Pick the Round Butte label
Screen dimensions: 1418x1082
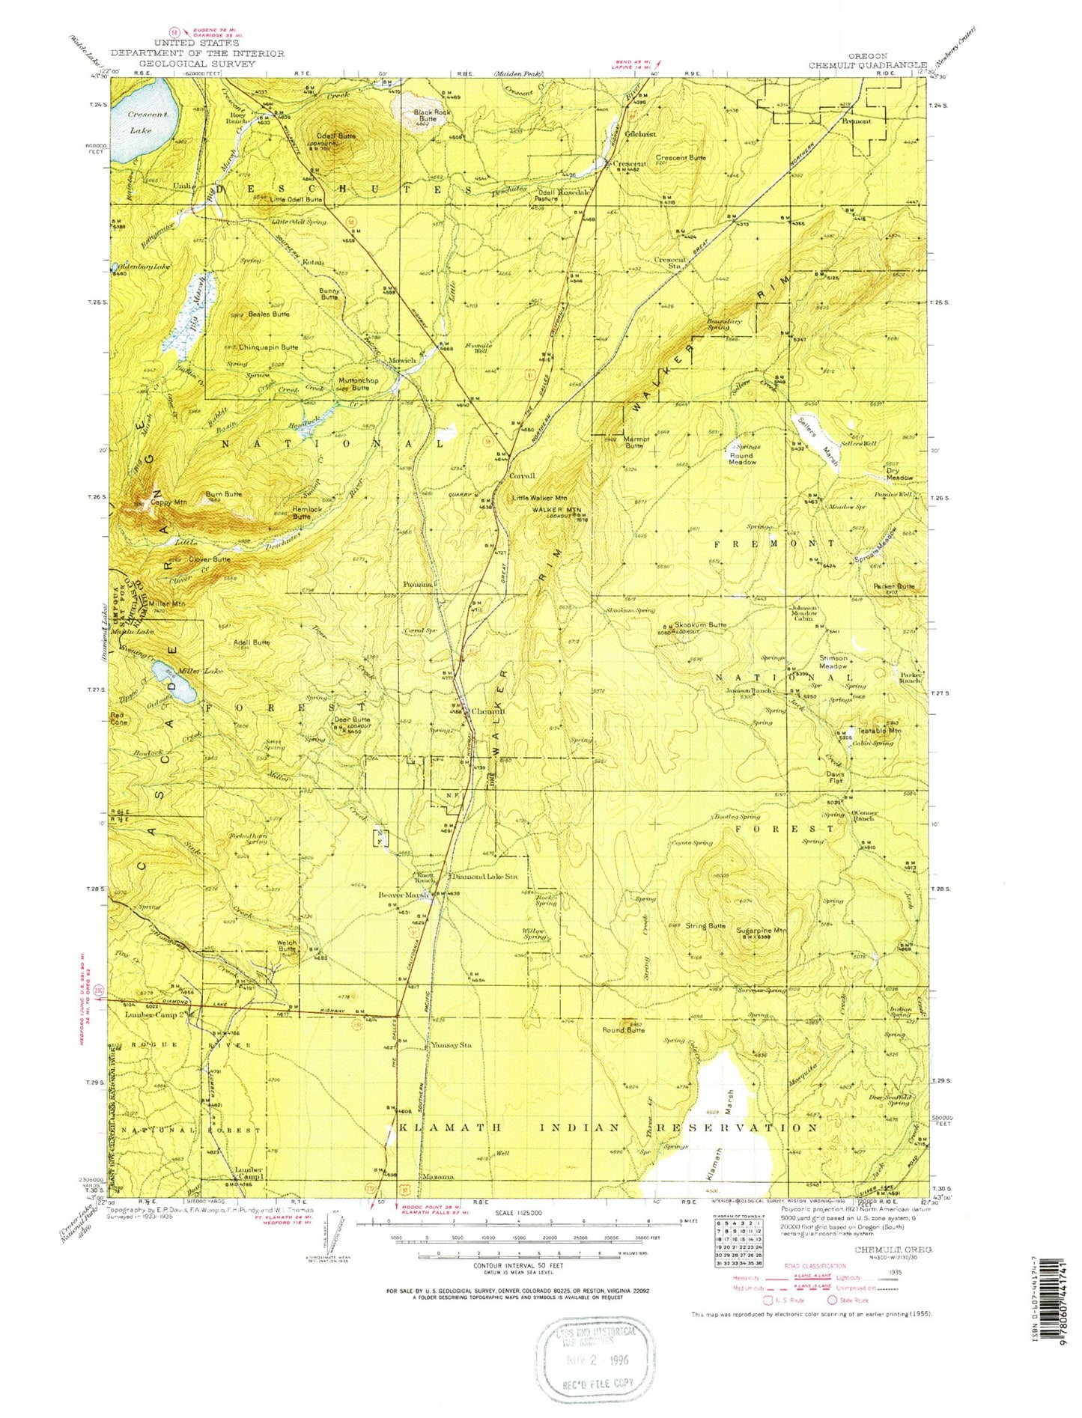(624, 1029)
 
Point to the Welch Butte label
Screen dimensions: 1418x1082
(288, 946)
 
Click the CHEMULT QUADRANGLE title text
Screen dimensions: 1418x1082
(867, 65)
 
